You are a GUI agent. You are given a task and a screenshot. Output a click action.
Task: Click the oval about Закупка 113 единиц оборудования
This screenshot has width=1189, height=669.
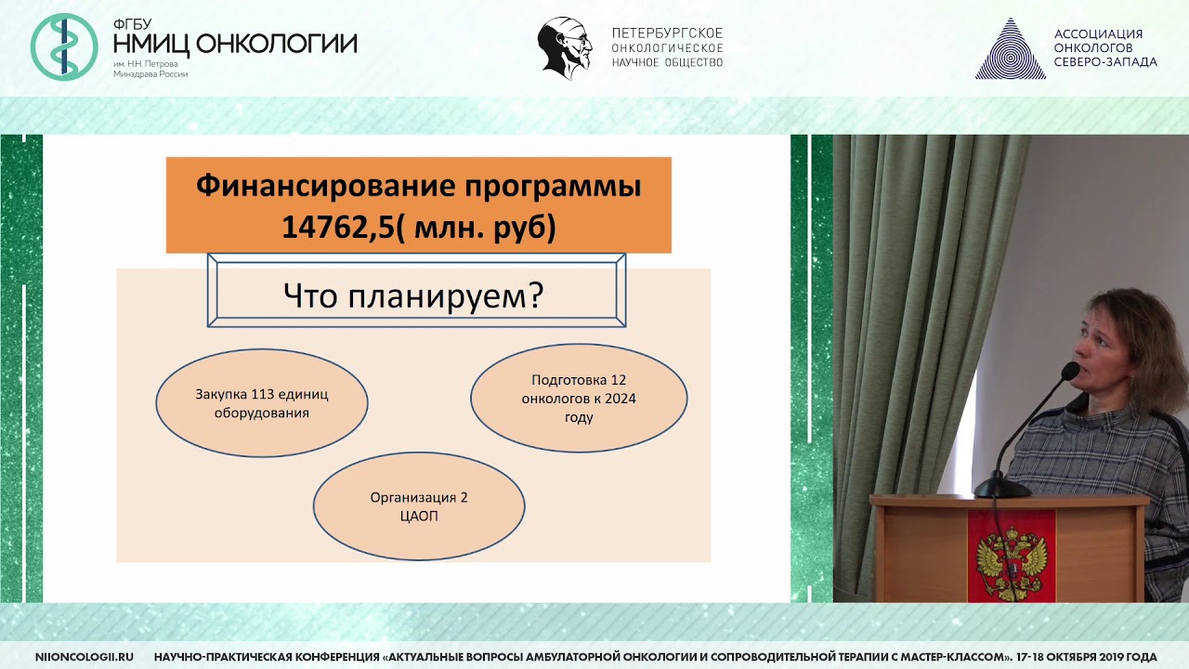click(x=261, y=402)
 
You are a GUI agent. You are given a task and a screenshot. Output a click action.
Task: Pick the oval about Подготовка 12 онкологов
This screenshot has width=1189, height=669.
click(x=579, y=398)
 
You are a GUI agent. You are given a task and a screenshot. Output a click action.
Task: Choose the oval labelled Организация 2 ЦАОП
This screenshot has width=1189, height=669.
click(x=419, y=506)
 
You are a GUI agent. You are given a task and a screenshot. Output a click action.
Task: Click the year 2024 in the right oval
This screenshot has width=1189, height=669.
click(x=618, y=399)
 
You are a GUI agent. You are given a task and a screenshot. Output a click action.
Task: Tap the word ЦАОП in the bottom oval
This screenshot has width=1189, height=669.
click(x=419, y=516)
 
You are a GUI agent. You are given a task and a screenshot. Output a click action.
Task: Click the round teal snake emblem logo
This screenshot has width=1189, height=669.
click(x=64, y=46)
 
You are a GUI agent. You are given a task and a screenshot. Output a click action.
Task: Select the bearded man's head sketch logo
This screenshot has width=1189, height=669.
click(x=565, y=47)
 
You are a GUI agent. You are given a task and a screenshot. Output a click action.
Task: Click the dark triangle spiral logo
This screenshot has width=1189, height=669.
click(x=1010, y=49)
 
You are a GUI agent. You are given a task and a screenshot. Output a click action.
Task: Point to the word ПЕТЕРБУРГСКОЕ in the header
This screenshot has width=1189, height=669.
click(x=667, y=33)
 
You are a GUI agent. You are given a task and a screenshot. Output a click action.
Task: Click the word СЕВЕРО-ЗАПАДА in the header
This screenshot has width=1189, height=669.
click(x=1105, y=62)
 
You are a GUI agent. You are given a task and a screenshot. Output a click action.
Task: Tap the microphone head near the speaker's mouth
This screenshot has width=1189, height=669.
click(x=1070, y=370)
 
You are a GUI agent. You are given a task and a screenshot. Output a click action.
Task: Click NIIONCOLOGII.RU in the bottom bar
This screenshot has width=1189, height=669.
click(x=84, y=657)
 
